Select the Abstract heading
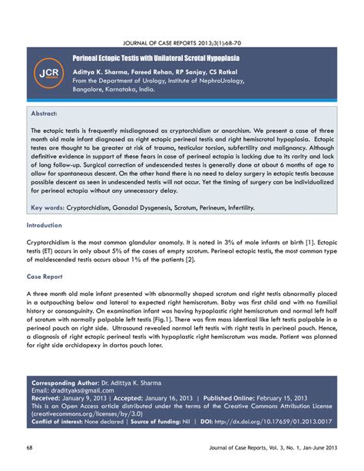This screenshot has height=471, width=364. click(46, 114)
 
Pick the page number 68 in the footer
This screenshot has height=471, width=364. click(30, 448)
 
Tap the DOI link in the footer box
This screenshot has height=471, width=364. click(289, 421)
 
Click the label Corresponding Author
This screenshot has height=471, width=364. click(65, 383)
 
